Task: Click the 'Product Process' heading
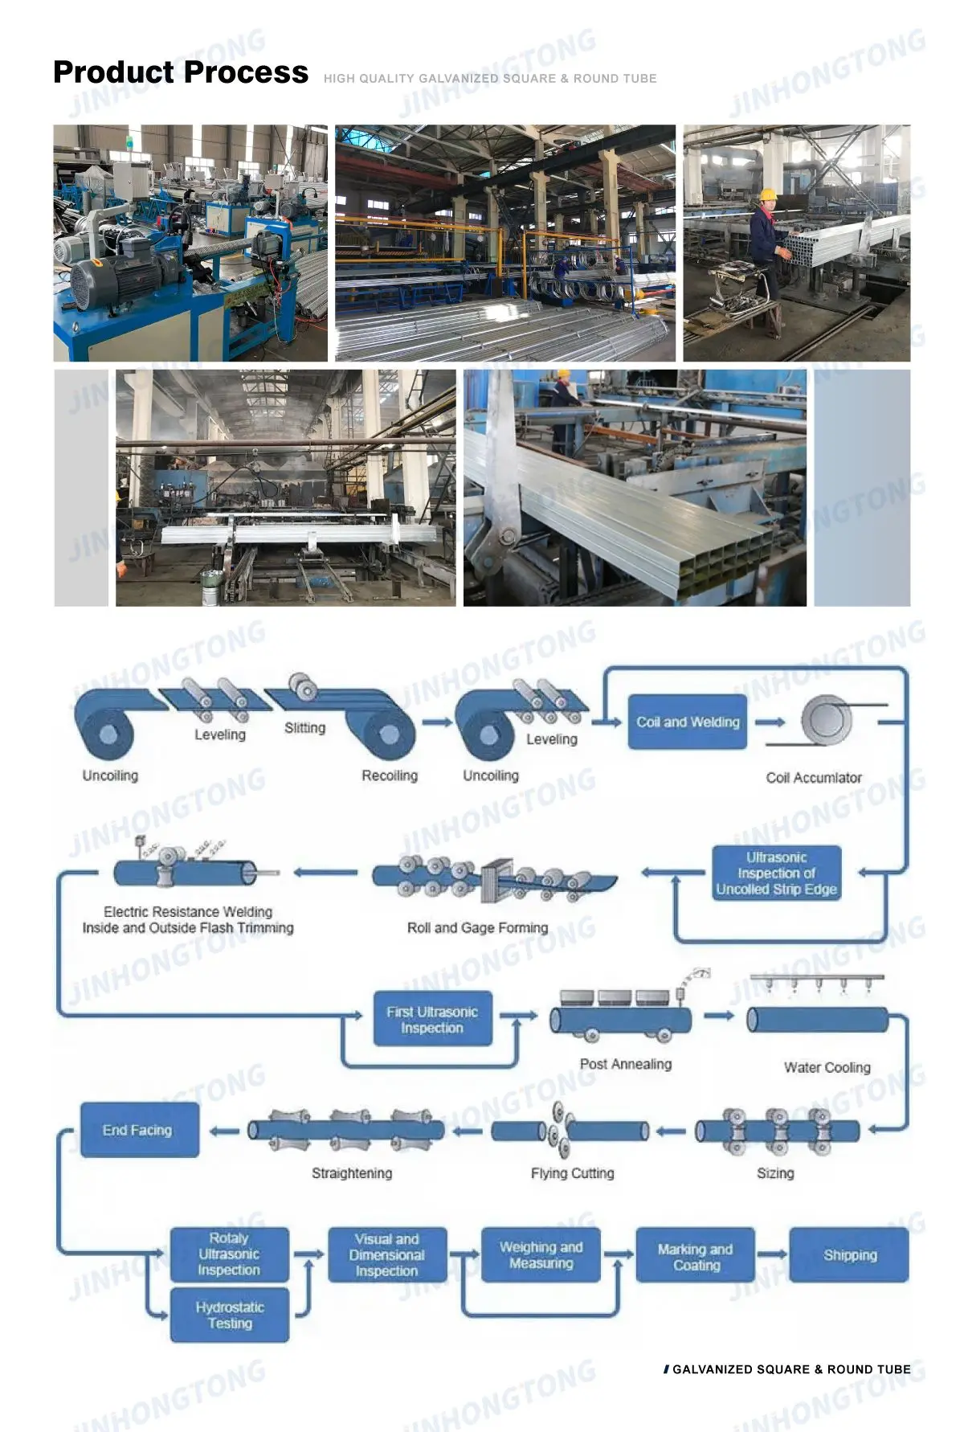point(180,72)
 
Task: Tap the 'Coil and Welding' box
point(688,722)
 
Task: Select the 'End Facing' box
point(139,1130)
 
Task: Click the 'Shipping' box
point(849,1255)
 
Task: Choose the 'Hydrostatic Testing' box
point(230,1315)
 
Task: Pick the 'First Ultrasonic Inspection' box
point(432,1020)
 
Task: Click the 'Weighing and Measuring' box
point(541,1255)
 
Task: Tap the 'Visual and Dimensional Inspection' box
point(387,1255)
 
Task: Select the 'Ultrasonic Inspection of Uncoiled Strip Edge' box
point(776,874)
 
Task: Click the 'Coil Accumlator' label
point(814,778)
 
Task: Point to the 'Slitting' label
point(304,728)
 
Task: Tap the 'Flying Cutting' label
point(572,1173)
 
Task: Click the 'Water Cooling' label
point(827,1067)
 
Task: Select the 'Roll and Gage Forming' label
point(477,928)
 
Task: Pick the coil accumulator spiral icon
point(827,718)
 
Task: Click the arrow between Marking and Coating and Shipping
point(772,1254)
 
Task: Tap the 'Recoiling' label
point(390,775)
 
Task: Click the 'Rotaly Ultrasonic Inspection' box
point(229,1254)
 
